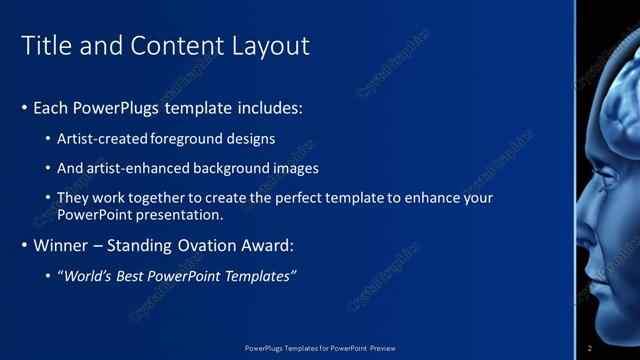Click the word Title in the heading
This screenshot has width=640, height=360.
[x=46, y=46]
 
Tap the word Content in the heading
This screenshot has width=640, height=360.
[x=173, y=46]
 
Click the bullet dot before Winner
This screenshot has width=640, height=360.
[x=25, y=245]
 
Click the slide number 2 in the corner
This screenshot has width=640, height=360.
[x=590, y=348]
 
